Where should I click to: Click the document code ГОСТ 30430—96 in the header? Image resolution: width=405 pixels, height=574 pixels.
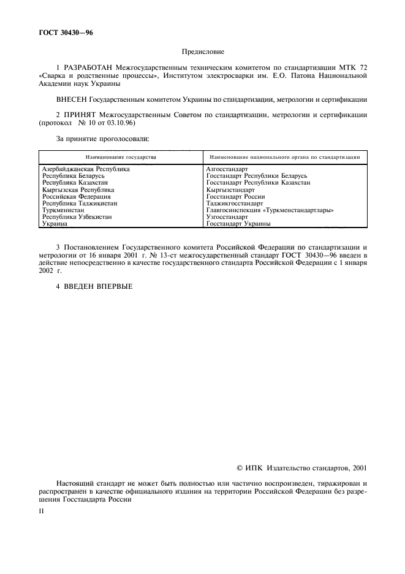pos(66,31)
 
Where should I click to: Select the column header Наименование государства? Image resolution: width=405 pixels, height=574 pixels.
pos(121,157)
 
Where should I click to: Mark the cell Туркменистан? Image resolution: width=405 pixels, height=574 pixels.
pos(62,210)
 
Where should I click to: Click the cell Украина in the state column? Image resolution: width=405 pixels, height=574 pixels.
pos(55,224)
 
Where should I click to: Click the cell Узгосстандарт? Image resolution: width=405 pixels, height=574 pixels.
pos(227,217)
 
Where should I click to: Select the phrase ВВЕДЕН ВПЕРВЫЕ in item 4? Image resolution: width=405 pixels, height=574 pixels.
pos(98,286)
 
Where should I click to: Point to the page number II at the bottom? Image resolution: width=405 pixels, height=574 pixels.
pos(42,509)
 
